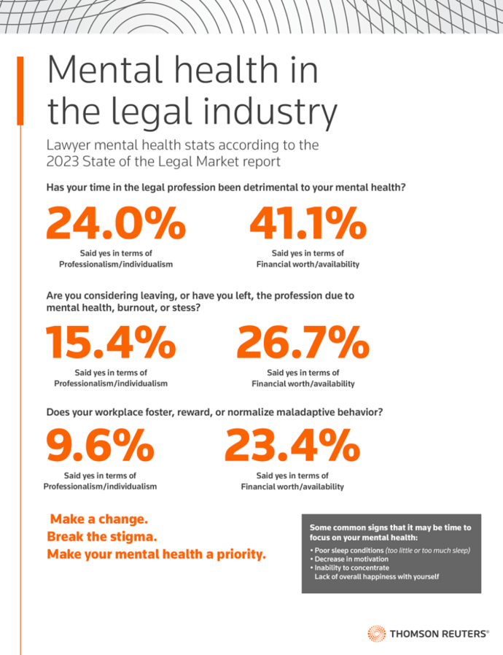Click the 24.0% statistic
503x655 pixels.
pyautogui.click(x=115, y=224)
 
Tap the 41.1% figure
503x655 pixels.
pyautogui.click(x=307, y=224)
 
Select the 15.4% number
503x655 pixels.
pyautogui.click(x=111, y=342)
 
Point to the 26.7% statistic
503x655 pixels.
pyautogui.click(x=303, y=342)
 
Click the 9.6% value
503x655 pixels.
pyautogui.click(x=100, y=446)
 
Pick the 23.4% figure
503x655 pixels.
pyautogui.click(x=292, y=446)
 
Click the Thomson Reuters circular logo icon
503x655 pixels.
pyautogui.click(x=377, y=633)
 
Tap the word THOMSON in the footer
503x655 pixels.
pyautogui.click(x=417, y=634)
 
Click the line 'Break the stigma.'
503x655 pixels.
pyautogui.click(x=102, y=537)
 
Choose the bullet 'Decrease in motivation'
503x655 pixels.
pyautogui.click(x=351, y=559)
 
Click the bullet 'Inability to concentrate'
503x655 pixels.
pyautogui.click(x=353, y=567)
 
